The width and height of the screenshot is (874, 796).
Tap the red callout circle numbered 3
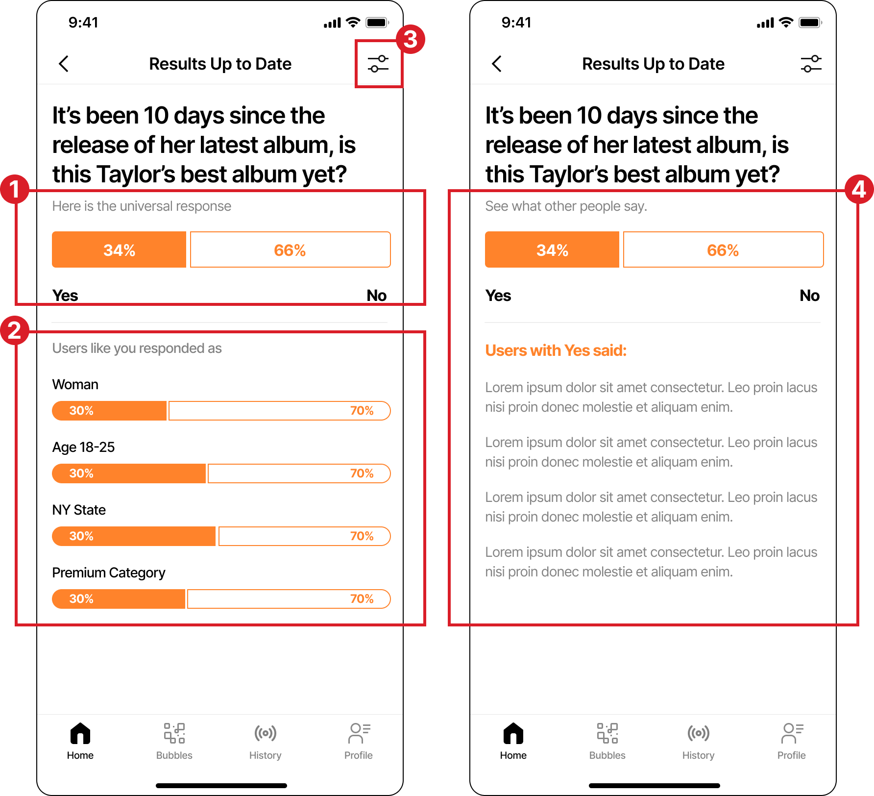click(411, 40)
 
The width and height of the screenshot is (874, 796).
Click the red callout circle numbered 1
click(15, 190)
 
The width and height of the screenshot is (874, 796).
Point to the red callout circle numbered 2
click(15, 330)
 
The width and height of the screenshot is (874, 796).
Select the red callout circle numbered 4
click(859, 190)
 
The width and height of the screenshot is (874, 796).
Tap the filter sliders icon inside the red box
click(378, 64)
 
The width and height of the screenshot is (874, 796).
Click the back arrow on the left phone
click(64, 64)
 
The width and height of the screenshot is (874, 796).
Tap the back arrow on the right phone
click(497, 64)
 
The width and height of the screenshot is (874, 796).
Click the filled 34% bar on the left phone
click(119, 249)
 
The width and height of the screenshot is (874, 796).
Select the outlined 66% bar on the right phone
click(723, 249)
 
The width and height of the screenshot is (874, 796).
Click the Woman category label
click(75, 384)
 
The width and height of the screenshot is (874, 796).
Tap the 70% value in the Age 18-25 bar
click(362, 473)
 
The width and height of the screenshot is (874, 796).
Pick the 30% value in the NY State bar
click(81, 536)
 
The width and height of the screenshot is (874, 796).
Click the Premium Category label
click(109, 573)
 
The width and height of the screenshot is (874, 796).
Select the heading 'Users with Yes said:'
click(556, 350)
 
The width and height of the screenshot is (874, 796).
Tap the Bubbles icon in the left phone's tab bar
click(174, 733)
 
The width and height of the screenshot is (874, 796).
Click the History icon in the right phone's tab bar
click(699, 733)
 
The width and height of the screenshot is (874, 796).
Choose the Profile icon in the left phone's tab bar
click(359, 733)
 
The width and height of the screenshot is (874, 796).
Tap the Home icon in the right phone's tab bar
click(513, 733)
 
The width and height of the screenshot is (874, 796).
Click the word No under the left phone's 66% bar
click(377, 296)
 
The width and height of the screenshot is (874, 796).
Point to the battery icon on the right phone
click(810, 23)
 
